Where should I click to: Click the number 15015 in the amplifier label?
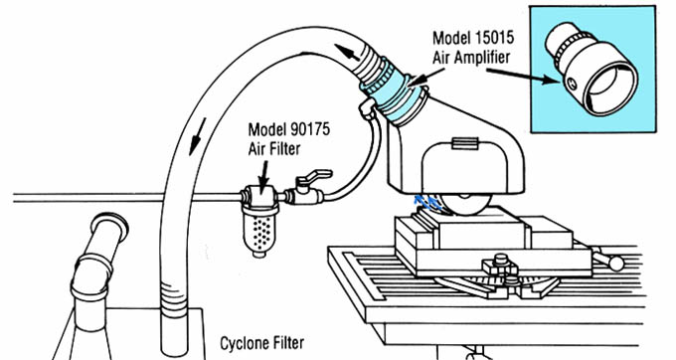(495, 38)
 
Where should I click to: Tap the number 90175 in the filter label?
(310, 129)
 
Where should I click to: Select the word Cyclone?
(246, 344)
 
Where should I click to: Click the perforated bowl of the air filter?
(259, 231)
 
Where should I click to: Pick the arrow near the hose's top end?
(347, 52)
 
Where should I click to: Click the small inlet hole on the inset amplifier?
(573, 85)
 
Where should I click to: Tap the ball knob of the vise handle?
(616, 263)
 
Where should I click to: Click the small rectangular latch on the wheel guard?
(465, 143)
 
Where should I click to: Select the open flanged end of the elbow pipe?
(110, 223)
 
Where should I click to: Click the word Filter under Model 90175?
(283, 149)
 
